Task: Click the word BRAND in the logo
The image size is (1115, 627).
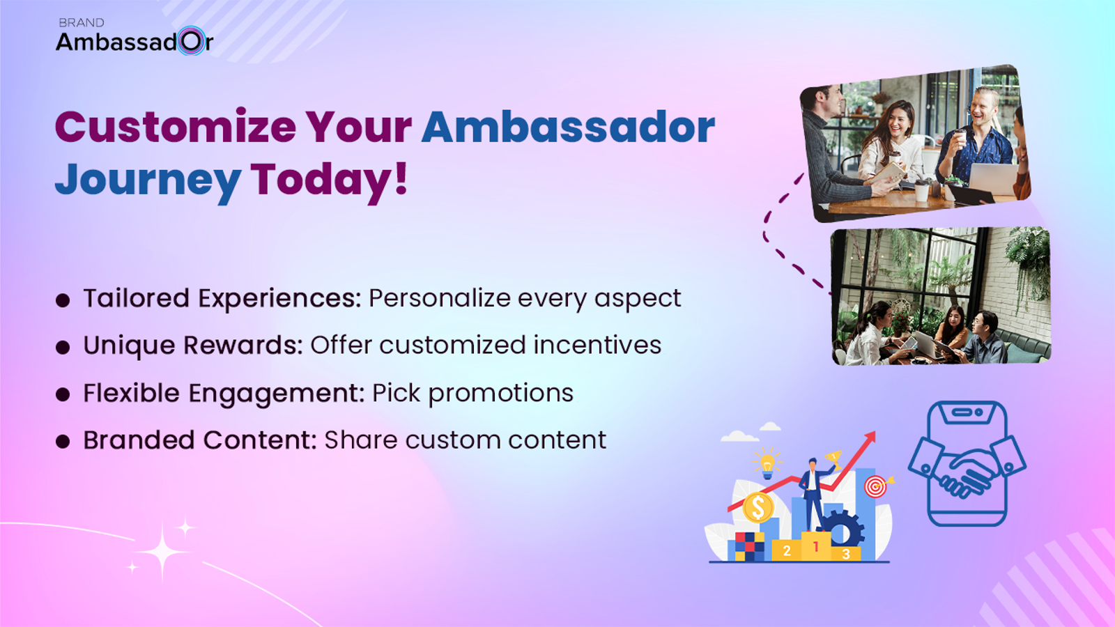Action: tap(81, 23)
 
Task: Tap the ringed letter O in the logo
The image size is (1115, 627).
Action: tap(192, 42)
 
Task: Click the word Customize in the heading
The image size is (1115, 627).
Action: tap(176, 127)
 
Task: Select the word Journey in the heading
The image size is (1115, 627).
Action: tap(148, 180)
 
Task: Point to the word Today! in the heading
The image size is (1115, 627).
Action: tap(329, 180)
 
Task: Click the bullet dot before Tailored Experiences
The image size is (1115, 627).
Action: tap(63, 300)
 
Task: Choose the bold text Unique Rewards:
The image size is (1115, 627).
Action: tap(192, 346)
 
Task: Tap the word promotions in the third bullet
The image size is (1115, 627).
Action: tap(500, 394)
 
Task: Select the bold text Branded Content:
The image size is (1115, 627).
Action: tap(199, 440)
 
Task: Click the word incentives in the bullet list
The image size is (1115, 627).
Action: tap(597, 345)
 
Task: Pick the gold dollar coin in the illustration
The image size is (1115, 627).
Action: tap(758, 507)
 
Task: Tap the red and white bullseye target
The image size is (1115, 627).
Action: tap(875, 486)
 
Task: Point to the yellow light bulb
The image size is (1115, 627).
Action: tap(767, 463)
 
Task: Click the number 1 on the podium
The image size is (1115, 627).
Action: tap(815, 548)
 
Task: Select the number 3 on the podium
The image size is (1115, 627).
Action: tap(845, 555)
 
